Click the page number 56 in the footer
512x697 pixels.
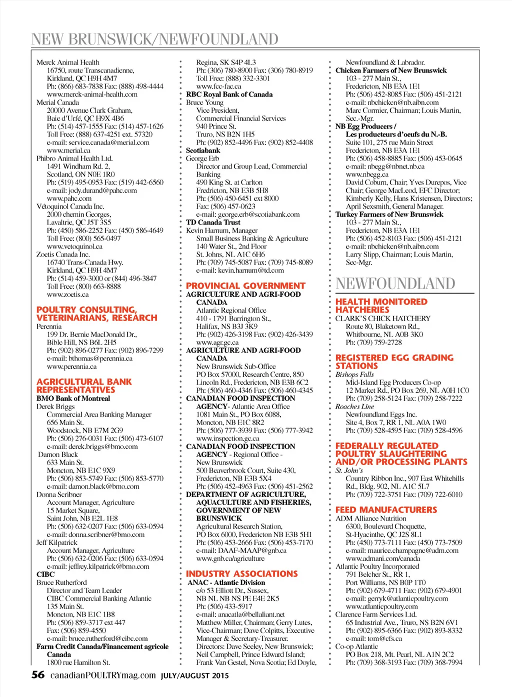(x=38, y=674)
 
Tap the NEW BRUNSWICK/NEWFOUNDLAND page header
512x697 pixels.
(x=154, y=39)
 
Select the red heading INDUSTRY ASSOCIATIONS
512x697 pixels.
(x=241, y=574)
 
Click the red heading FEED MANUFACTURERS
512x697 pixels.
(x=386, y=510)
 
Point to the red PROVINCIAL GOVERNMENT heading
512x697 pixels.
(x=245, y=286)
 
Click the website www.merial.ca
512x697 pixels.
(x=68, y=150)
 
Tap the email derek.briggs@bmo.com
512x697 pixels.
(x=92, y=446)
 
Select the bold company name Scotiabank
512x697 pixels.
(x=203, y=150)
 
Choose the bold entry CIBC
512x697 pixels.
(x=45, y=574)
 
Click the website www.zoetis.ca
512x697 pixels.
(x=67, y=294)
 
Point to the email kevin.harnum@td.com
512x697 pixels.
(x=240, y=270)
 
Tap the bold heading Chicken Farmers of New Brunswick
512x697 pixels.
(x=391, y=70)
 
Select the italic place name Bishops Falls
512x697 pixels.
(x=354, y=374)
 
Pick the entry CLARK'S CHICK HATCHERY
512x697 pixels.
(x=382, y=318)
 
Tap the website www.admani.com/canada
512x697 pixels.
(x=383, y=558)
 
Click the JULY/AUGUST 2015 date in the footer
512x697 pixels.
(x=195, y=675)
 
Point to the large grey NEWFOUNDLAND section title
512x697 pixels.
(x=395, y=283)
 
